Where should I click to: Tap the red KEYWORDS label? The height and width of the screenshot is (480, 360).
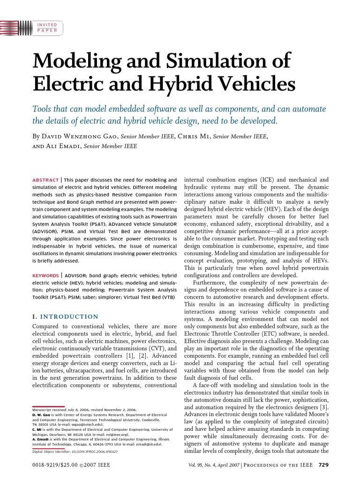tap(45, 276)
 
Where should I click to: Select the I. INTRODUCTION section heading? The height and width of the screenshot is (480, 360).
tap(65, 316)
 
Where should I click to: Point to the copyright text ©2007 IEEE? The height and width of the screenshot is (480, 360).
tap(95, 465)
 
